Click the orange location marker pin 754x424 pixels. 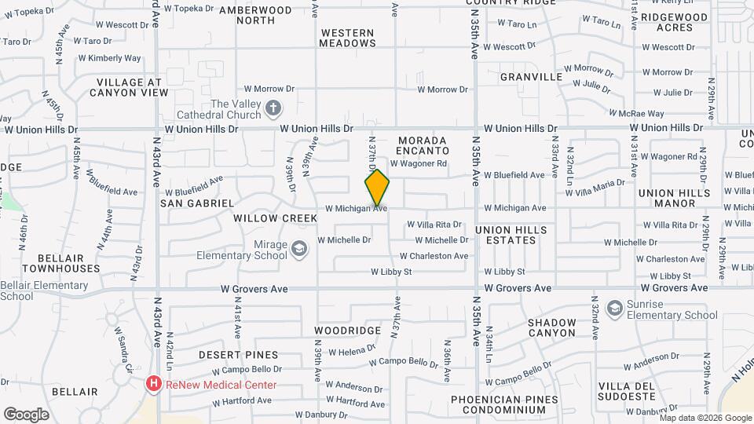click(x=377, y=188)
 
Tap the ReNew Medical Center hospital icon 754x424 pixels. click(x=154, y=385)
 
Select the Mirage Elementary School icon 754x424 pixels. click(x=298, y=250)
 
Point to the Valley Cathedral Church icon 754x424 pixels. click(x=273, y=109)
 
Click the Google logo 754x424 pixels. click(x=26, y=414)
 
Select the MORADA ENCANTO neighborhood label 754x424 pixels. click(x=423, y=144)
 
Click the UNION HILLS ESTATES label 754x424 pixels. click(x=511, y=235)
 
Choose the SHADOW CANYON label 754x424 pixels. click(x=551, y=327)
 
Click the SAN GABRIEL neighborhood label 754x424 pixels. click(x=197, y=203)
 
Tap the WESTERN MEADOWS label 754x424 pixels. click(x=348, y=38)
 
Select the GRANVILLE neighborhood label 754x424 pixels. click(x=532, y=77)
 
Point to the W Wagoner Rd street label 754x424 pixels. click(x=418, y=163)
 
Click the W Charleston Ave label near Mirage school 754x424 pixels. click(x=434, y=256)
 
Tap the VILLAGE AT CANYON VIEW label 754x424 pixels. click(x=129, y=87)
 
